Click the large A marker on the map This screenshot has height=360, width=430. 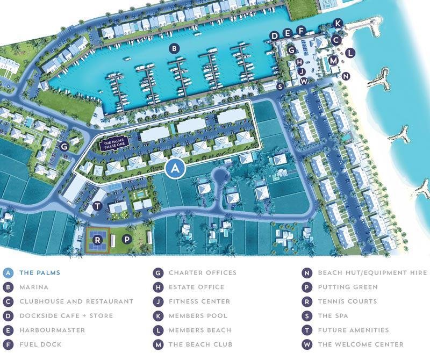(x=175, y=169)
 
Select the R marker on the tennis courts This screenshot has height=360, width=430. (x=97, y=240)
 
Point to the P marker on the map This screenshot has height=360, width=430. (x=127, y=240)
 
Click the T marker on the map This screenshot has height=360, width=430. (x=97, y=206)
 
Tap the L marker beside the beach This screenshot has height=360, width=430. (x=350, y=53)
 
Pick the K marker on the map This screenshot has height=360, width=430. (x=338, y=23)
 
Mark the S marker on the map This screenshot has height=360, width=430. (x=279, y=87)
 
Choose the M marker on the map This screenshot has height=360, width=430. (x=334, y=60)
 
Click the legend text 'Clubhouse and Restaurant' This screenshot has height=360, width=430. (x=76, y=301)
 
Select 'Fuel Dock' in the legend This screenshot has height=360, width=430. (x=40, y=344)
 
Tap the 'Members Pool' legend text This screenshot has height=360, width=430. (x=198, y=316)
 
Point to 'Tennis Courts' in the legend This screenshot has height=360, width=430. (x=347, y=301)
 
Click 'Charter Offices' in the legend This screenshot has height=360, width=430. (x=202, y=273)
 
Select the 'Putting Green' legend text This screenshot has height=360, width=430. (x=348, y=287)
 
